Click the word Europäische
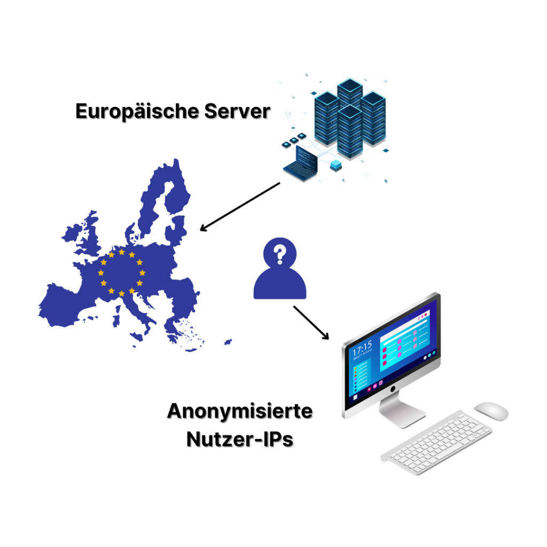point(137,112)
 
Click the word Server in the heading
point(237,112)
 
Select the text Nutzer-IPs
point(240,439)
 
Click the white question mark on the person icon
point(279,254)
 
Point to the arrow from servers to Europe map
point(240,207)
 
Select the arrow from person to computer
point(311,323)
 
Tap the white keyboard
point(436,442)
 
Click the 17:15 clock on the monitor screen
point(362,348)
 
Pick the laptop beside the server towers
point(301,163)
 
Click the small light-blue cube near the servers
point(335,165)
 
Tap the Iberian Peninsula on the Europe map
point(66,305)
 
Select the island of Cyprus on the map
point(228,341)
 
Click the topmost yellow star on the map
point(121,252)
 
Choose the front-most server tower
point(350,131)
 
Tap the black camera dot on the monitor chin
point(393,388)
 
